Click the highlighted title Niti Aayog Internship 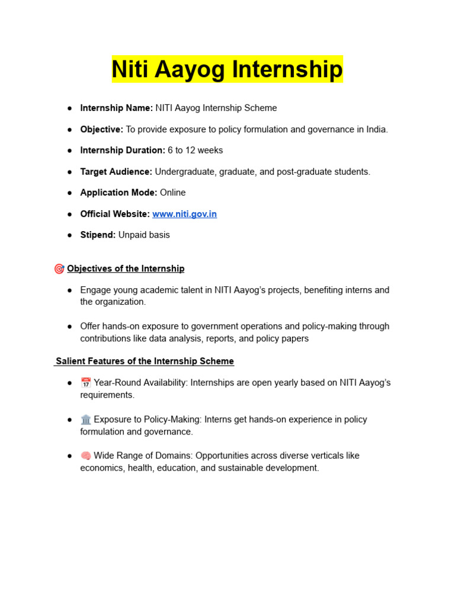click(227, 70)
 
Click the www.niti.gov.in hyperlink click(184, 214)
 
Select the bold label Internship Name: click(116, 108)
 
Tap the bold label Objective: click(102, 129)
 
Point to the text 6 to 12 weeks click(196, 151)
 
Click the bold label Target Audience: click(116, 172)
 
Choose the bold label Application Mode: click(118, 193)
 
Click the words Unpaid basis click(144, 235)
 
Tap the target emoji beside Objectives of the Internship click(59, 269)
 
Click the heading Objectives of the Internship click(126, 269)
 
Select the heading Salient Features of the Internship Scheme click(145, 362)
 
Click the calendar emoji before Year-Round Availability click(86, 383)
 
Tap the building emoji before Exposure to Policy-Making click(86, 420)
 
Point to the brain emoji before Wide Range click(86, 456)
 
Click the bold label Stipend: click(98, 235)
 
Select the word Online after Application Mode click(172, 193)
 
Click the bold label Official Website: click(115, 214)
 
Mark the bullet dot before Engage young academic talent click(70, 290)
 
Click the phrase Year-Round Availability click(140, 383)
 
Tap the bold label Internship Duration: click(123, 151)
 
